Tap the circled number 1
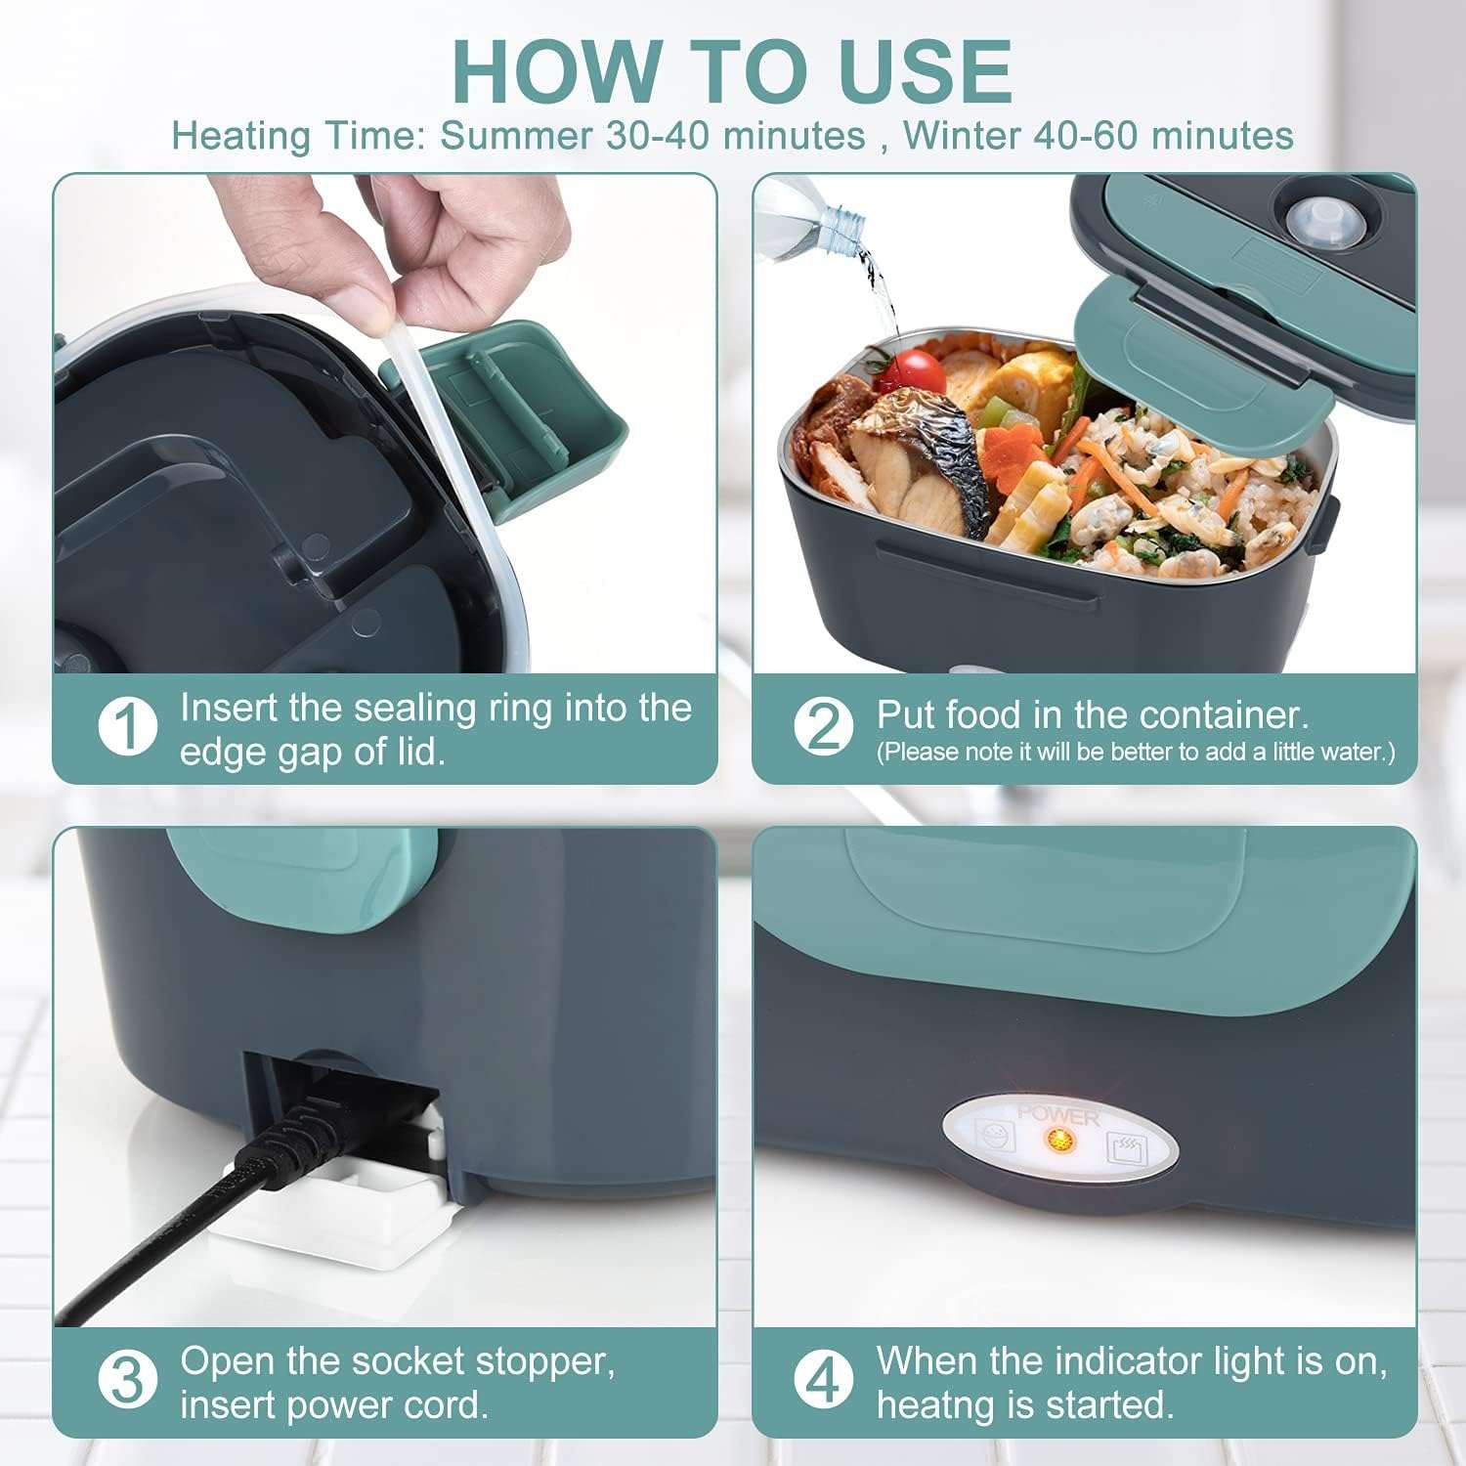[128, 727]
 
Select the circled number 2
[823, 727]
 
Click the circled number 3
[128, 1380]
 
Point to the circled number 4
[823, 1380]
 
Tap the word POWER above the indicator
[1058, 1115]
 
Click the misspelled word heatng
[937, 1405]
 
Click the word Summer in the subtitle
[515, 135]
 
